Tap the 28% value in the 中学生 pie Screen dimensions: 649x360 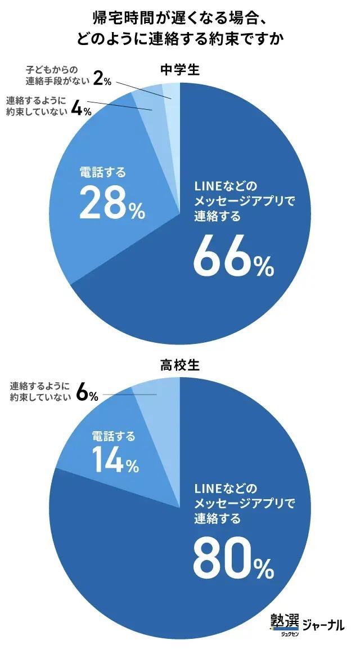(112, 203)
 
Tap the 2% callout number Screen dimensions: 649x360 (102, 79)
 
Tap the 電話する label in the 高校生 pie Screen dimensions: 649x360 (114, 436)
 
